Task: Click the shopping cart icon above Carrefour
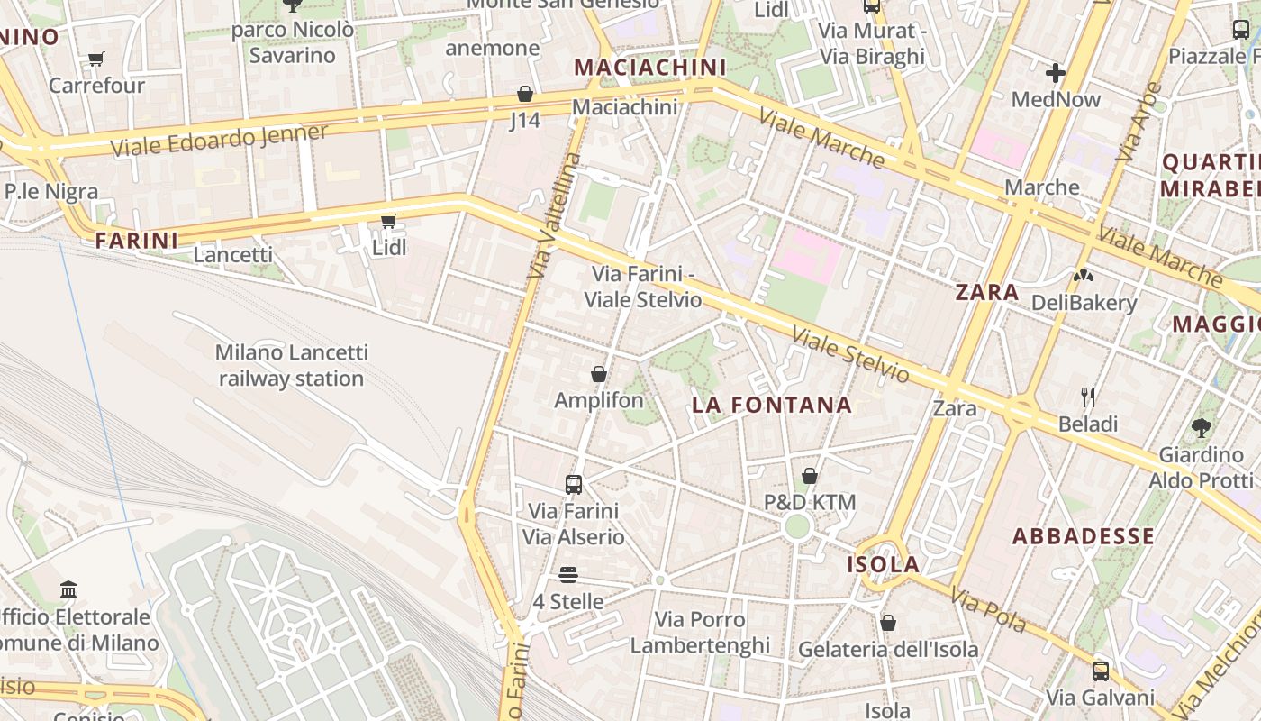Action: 95,59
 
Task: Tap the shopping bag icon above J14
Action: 525,94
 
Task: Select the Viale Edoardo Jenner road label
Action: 220,140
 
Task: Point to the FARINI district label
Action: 137,241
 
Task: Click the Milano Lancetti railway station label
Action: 291,365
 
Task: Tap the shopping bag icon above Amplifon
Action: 599,374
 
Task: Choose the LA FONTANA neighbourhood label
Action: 772,405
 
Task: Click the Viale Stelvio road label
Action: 850,354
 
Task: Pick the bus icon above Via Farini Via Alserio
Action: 574,484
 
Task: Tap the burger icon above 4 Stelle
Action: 567,574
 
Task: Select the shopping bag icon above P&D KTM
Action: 810,476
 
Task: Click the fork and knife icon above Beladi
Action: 1088,397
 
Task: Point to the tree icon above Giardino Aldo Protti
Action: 1201,427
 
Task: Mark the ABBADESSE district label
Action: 1084,536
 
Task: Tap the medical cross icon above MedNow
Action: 1056,73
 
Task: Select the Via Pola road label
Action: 988,610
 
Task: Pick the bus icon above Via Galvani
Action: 1101,671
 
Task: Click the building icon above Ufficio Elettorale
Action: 68,590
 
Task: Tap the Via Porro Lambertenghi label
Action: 700,632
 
